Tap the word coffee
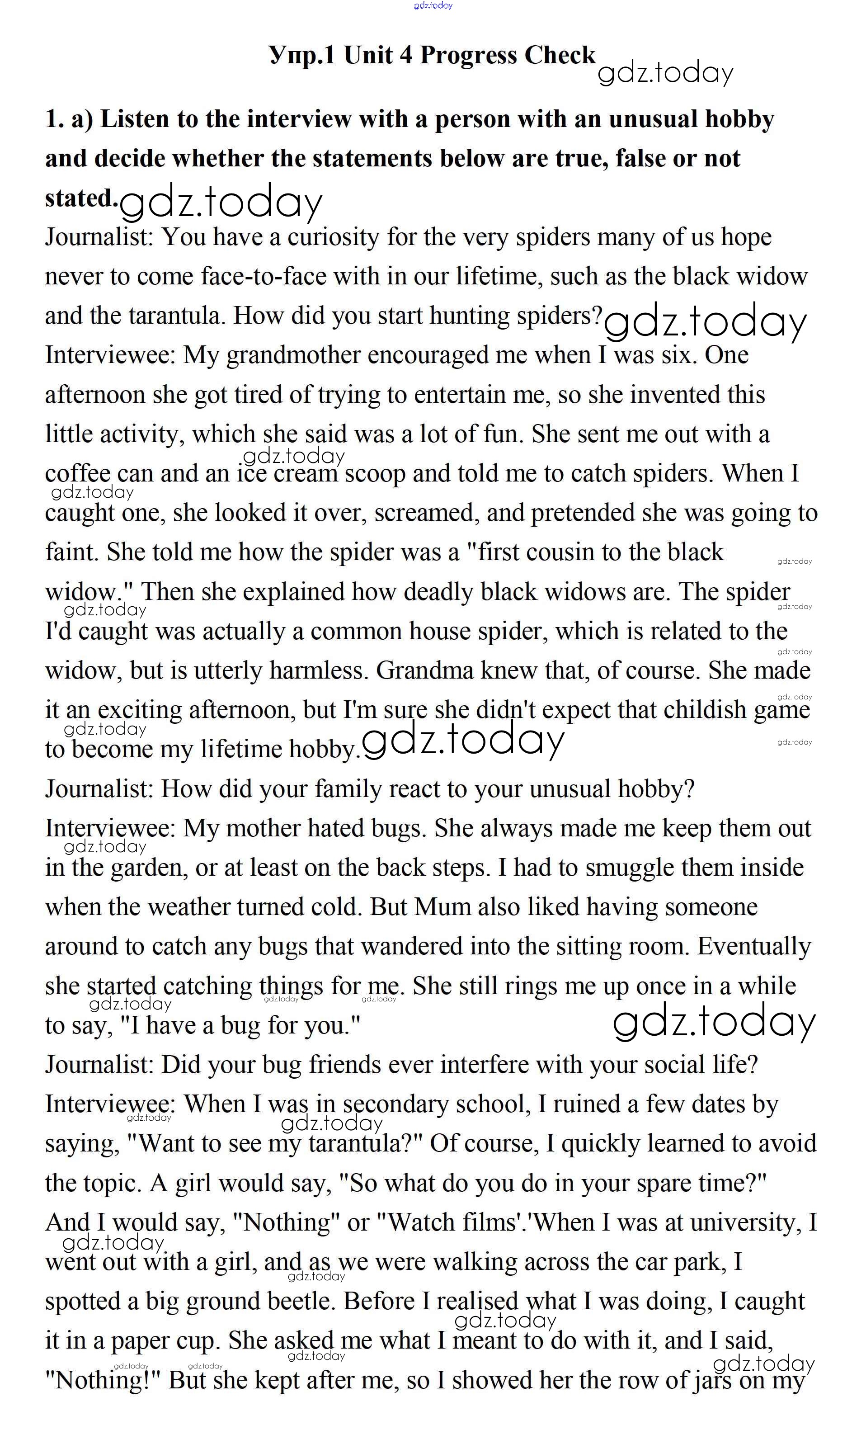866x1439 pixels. [78, 474]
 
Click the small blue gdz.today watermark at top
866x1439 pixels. [433, 5]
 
